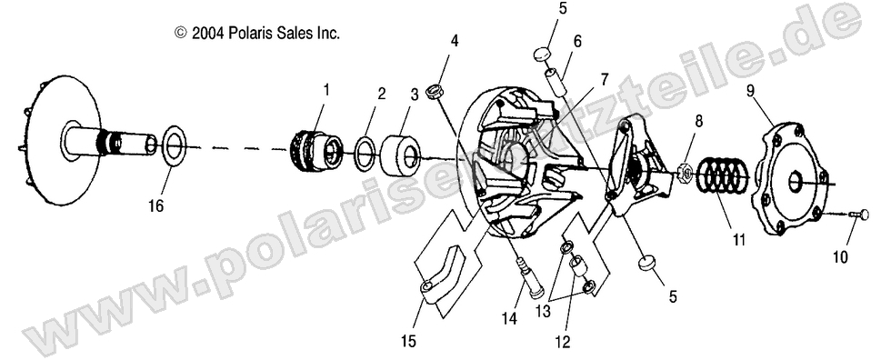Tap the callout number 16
pos(156,206)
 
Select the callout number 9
pos(751,90)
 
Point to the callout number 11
pos(737,240)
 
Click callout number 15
pos(409,342)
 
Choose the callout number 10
pos(839,257)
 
